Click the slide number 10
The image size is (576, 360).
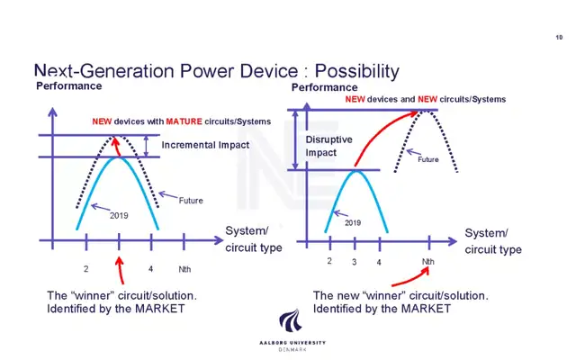point(559,37)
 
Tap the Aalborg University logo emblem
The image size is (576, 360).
point(290,320)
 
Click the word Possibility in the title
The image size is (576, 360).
point(356,71)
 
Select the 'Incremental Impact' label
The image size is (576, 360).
point(205,145)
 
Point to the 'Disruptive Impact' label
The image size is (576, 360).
point(328,146)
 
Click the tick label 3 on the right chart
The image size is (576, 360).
point(354,262)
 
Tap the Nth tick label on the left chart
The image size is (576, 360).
point(184,269)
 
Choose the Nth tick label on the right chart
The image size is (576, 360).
point(428,262)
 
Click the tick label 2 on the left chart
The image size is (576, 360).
point(86,269)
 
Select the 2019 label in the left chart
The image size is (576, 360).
point(119,216)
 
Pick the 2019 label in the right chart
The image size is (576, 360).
point(353,222)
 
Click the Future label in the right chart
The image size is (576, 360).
point(428,159)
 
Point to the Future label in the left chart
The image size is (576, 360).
point(191,201)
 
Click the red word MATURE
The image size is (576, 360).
point(184,121)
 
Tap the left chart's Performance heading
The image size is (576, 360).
point(69,86)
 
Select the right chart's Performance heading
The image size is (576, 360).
point(325,87)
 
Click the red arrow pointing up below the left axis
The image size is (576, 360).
point(120,270)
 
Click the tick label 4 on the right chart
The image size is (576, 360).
point(379,262)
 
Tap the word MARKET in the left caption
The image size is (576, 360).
point(160,309)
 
